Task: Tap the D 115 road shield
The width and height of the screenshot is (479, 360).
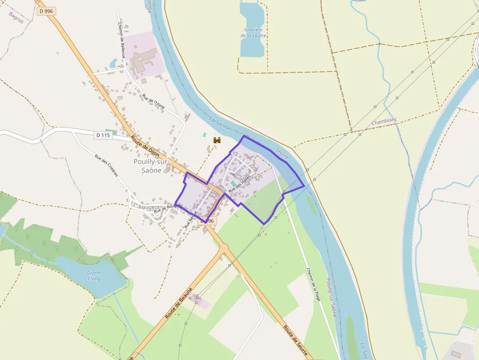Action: [x=103, y=135]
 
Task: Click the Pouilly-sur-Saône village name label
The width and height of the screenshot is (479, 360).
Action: [x=151, y=166]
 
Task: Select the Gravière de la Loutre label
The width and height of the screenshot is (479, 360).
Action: [x=254, y=32]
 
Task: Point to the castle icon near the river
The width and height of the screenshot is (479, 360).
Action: [x=217, y=140]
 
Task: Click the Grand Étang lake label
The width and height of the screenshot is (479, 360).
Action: [x=94, y=275]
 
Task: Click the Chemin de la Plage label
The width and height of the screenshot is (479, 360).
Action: [x=313, y=284]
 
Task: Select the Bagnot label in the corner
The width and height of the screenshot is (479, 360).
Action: [x=16, y=18]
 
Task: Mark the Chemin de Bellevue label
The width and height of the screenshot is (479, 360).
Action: [x=121, y=40]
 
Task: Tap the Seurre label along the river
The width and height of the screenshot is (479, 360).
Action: [x=283, y=154]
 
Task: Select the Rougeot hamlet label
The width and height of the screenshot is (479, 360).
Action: [x=149, y=207]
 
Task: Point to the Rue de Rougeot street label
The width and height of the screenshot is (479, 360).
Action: [x=168, y=209]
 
